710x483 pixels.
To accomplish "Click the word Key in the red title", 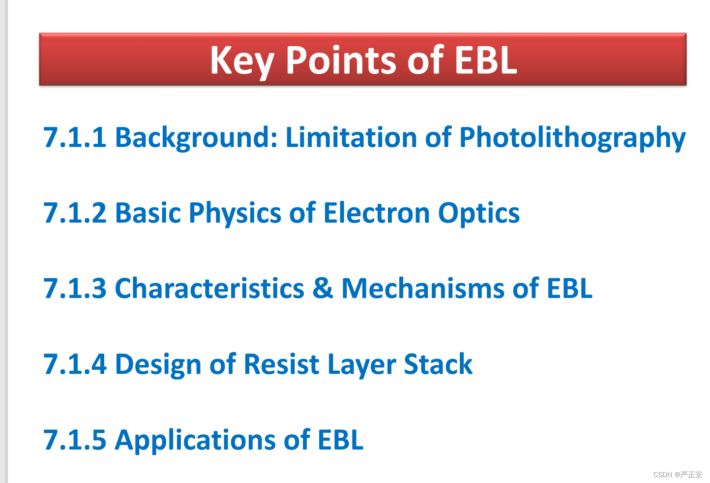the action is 242,62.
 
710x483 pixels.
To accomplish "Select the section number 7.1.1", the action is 75,137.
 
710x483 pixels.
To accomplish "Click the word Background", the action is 196,138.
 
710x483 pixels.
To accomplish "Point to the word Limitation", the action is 351,137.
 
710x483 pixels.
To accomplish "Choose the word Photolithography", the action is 572,138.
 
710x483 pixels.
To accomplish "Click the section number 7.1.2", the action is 75,213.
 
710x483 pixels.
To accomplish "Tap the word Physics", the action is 235,214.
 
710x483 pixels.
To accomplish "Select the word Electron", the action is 377,213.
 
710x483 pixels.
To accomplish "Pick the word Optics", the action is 478,214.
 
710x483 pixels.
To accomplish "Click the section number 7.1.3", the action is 75,288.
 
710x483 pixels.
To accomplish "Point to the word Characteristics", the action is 209,288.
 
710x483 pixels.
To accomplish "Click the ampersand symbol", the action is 323,288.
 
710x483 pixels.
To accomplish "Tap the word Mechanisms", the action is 423,288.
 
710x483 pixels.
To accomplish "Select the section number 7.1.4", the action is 75,364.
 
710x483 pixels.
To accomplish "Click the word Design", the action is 158,365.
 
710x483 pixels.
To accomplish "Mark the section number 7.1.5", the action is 75,440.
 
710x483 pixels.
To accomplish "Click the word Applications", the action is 195,441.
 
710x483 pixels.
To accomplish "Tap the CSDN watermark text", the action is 678,475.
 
